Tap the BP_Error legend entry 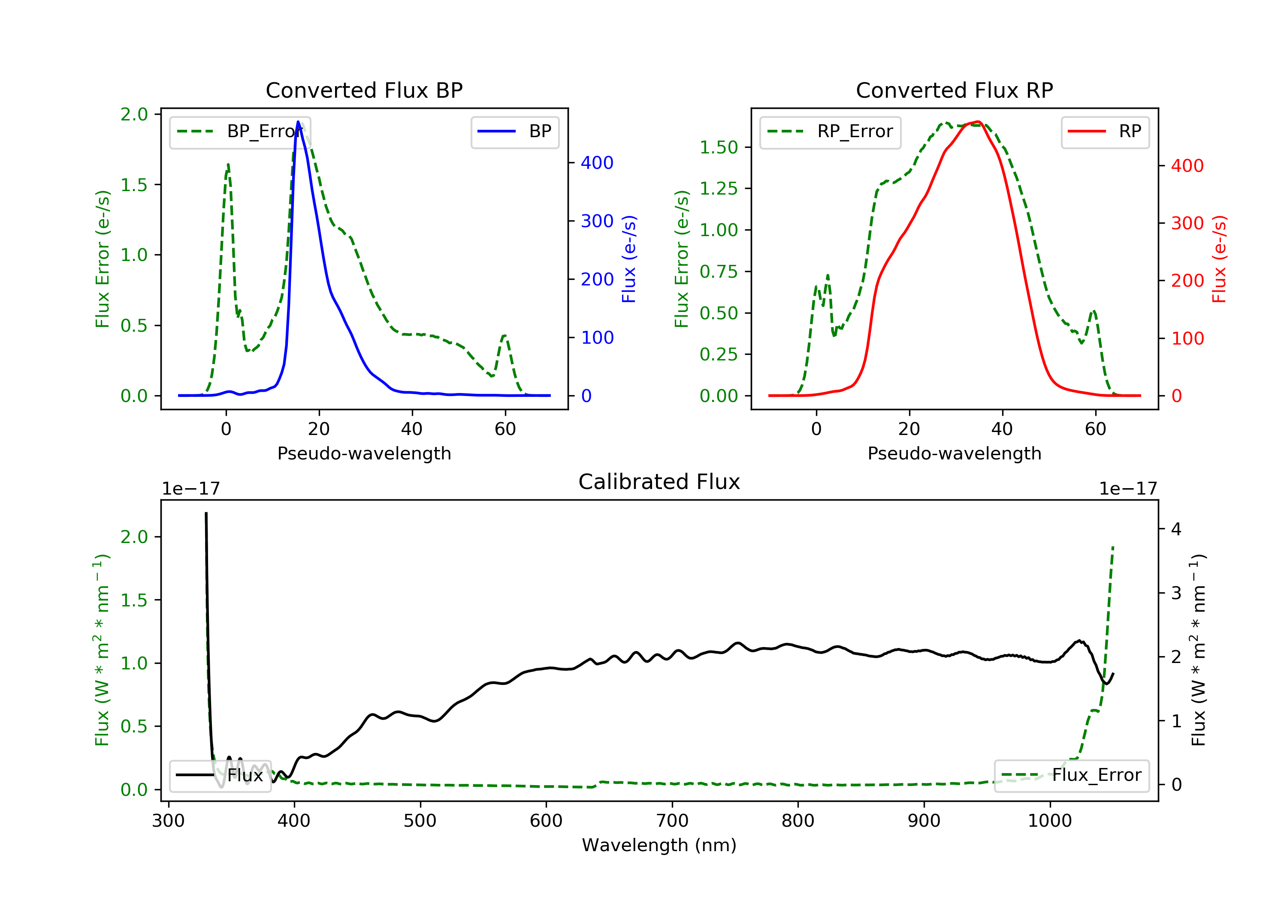point(240,132)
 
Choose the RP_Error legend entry point(830,132)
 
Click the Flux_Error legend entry point(1071,775)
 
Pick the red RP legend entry point(1105,132)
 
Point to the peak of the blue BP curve point(298,122)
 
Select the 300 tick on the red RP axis point(1187,223)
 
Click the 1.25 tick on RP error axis point(719,189)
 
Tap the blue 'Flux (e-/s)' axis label point(629,259)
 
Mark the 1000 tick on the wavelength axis point(1049,821)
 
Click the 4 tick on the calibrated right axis point(1176,529)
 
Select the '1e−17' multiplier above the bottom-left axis point(190,489)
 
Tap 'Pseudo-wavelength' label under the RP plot point(954,453)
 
